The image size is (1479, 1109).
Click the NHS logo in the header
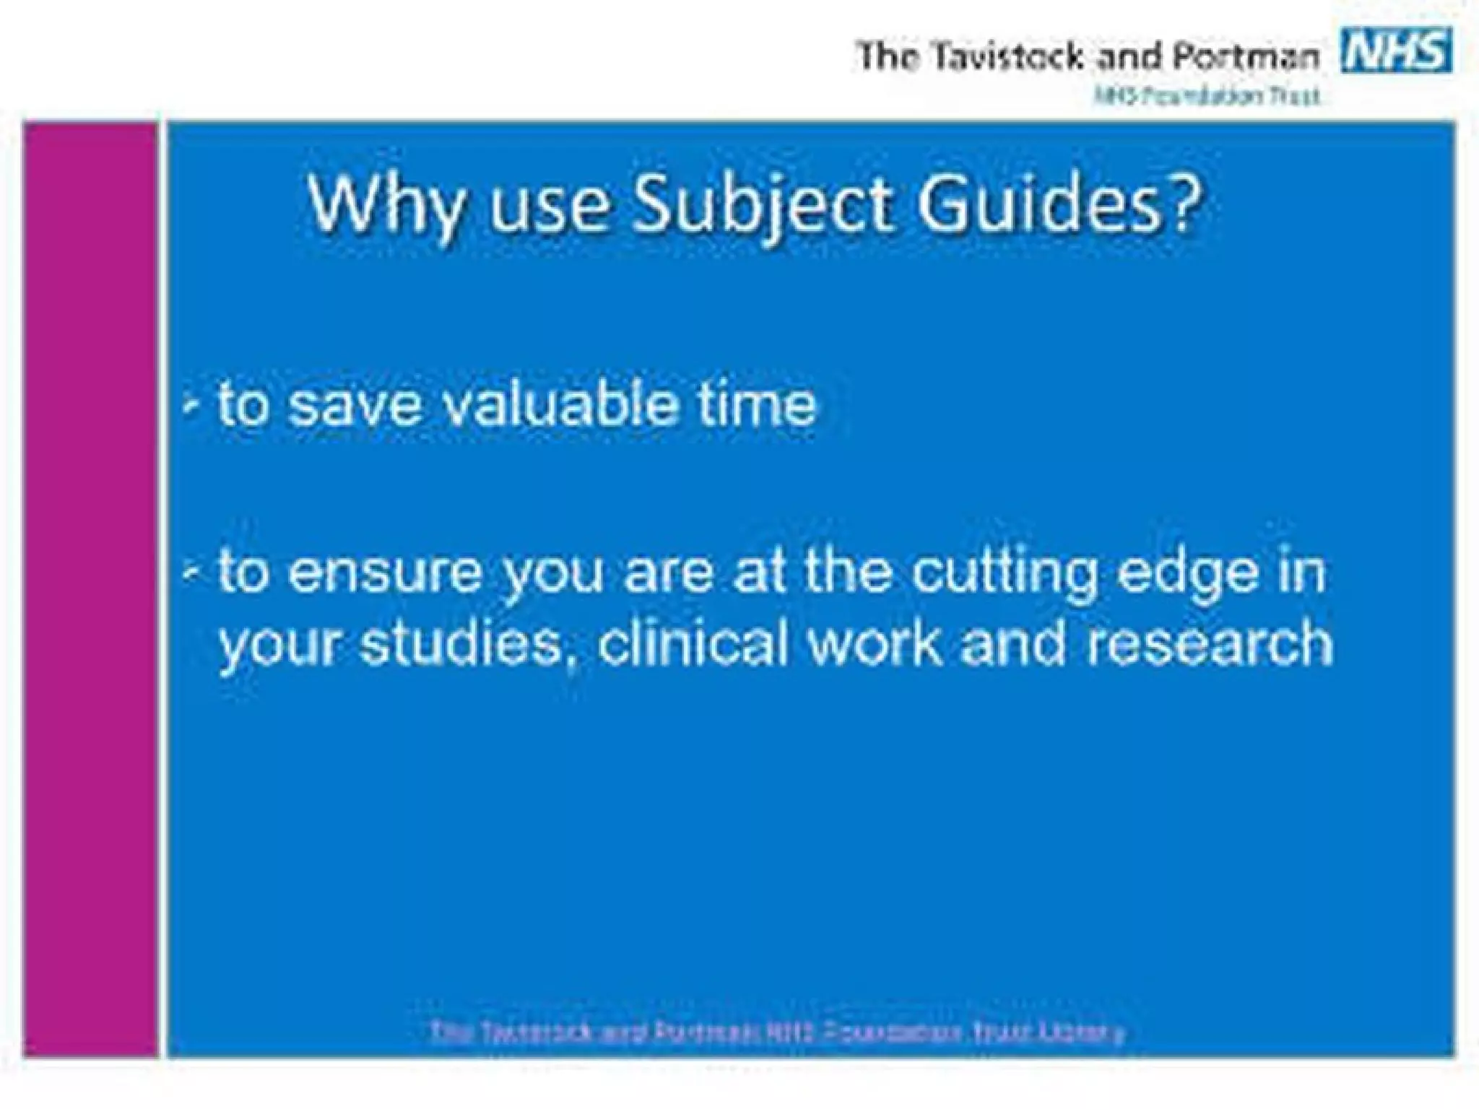coord(1396,51)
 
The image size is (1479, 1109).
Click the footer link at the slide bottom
coord(777,1032)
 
